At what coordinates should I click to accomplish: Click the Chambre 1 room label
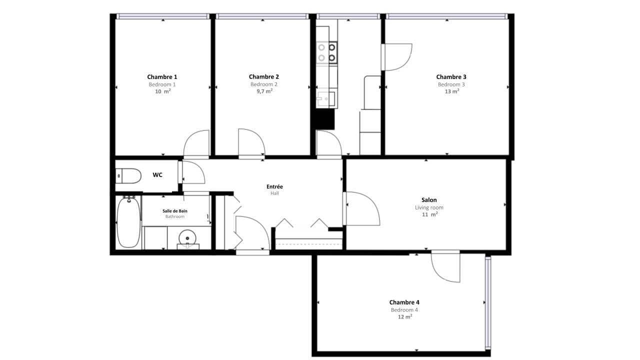(162, 77)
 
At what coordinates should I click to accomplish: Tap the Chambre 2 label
(263, 77)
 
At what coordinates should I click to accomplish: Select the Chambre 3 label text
(451, 77)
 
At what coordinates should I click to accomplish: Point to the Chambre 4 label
(404, 302)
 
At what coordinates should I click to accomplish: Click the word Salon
(429, 200)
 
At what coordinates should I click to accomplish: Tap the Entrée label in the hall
(274, 187)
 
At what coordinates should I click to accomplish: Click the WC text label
(157, 175)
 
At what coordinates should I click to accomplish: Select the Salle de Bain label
(175, 211)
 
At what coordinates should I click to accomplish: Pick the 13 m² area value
(451, 91)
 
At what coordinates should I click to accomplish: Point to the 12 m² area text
(404, 317)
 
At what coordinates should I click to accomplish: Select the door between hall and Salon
(361, 208)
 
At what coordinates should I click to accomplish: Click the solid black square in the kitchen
(324, 119)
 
